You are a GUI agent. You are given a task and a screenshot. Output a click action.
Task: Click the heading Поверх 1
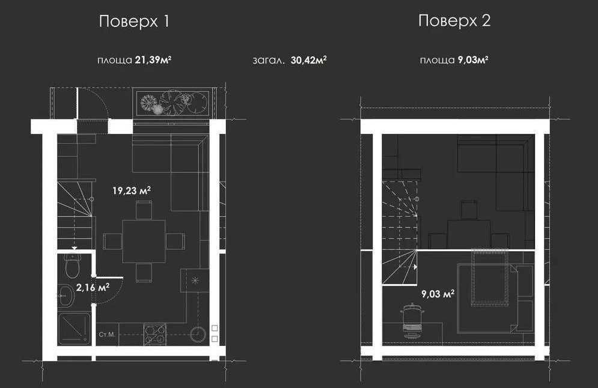[x=134, y=22]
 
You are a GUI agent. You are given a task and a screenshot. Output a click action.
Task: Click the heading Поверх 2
[x=454, y=20]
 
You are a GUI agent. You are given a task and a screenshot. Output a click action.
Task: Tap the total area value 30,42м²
[x=308, y=60]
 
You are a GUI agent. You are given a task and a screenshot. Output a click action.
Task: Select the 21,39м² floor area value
[x=153, y=60]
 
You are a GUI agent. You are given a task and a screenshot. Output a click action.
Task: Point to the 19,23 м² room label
[x=132, y=190]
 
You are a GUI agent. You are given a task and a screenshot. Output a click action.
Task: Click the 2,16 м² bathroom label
[x=93, y=287]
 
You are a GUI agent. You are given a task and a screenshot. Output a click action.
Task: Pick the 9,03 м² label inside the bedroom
[x=438, y=294]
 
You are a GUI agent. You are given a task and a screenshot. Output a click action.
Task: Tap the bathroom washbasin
[x=67, y=296]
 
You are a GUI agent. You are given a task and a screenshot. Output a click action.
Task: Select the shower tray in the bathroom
[x=75, y=329]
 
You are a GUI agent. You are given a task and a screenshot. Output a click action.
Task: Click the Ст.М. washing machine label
[x=107, y=335]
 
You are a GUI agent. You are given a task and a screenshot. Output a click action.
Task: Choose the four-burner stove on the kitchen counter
[x=154, y=335]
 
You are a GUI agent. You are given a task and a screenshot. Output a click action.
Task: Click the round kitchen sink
[x=198, y=335]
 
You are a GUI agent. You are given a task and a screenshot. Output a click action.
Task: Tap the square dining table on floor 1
[x=144, y=241]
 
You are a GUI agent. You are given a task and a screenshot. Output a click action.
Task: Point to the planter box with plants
[x=172, y=103]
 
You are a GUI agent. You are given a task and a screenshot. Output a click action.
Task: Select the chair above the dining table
[x=144, y=210]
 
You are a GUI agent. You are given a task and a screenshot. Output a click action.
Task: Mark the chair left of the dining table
[x=112, y=241]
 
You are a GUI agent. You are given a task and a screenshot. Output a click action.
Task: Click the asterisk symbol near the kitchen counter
[x=195, y=280]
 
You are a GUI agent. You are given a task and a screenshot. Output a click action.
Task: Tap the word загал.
[x=269, y=60]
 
